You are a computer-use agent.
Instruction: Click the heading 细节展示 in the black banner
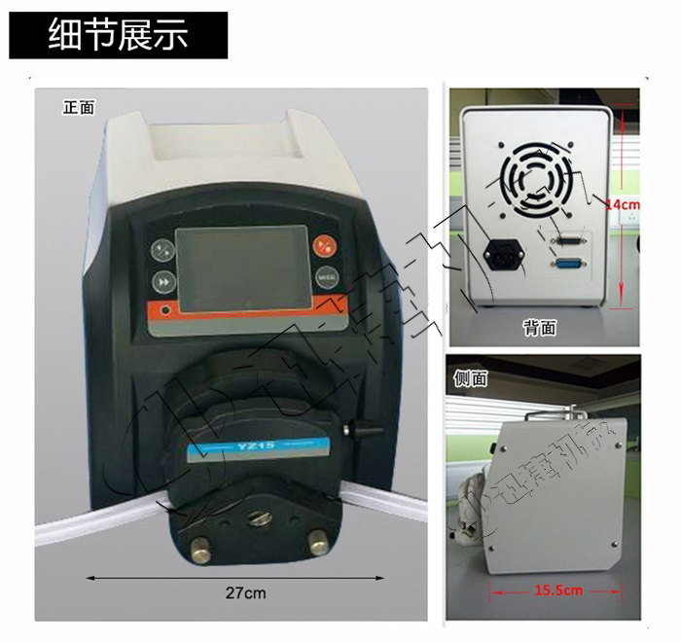tap(118, 36)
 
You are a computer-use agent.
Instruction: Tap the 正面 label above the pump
tap(79, 107)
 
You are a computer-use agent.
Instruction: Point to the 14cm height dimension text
tap(622, 204)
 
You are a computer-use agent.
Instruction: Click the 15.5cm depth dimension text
tap(558, 590)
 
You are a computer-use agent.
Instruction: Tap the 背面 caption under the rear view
tap(539, 328)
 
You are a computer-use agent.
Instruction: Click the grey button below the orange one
tap(325, 276)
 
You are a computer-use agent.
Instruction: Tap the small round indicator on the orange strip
tap(164, 310)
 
